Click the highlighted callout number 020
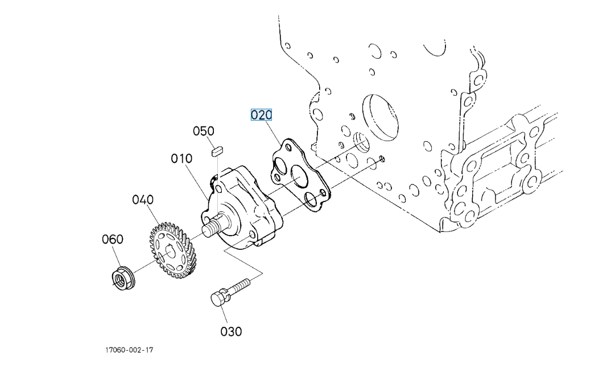(x=262, y=115)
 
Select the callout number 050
(x=203, y=131)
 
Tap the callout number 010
(x=181, y=158)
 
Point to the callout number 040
(x=143, y=200)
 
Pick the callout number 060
(x=112, y=239)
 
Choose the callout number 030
(x=231, y=331)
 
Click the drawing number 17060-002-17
(x=129, y=350)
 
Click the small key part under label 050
(x=216, y=151)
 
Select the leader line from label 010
(x=200, y=181)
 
